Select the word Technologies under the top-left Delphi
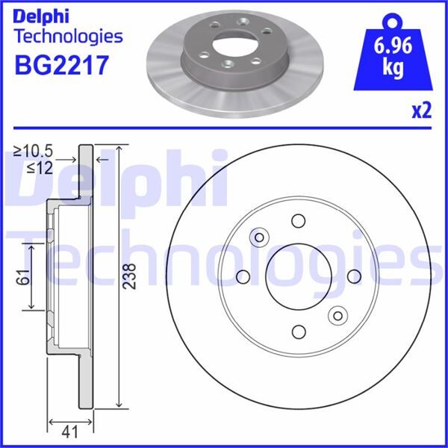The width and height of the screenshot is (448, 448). pyautogui.click(x=68, y=35)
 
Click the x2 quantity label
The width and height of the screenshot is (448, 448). pyautogui.click(x=421, y=111)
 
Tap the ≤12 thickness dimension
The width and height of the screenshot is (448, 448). pyautogui.click(x=38, y=169)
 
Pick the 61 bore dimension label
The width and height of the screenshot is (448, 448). pyautogui.click(x=22, y=276)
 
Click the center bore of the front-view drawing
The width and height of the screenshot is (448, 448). pyautogui.click(x=298, y=276)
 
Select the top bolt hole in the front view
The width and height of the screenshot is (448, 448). pyautogui.click(x=299, y=221)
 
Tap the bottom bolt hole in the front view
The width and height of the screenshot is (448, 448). pyautogui.click(x=299, y=332)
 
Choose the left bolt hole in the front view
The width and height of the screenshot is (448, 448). pyautogui.click(x=243, y=277)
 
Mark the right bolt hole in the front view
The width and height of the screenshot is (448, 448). pyautogui.click(x=353, y=276)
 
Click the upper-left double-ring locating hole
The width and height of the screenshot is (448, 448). pyautogui.click(x=259, y=237)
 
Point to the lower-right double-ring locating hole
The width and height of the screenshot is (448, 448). pyautogui.click(x=337, y=315)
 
